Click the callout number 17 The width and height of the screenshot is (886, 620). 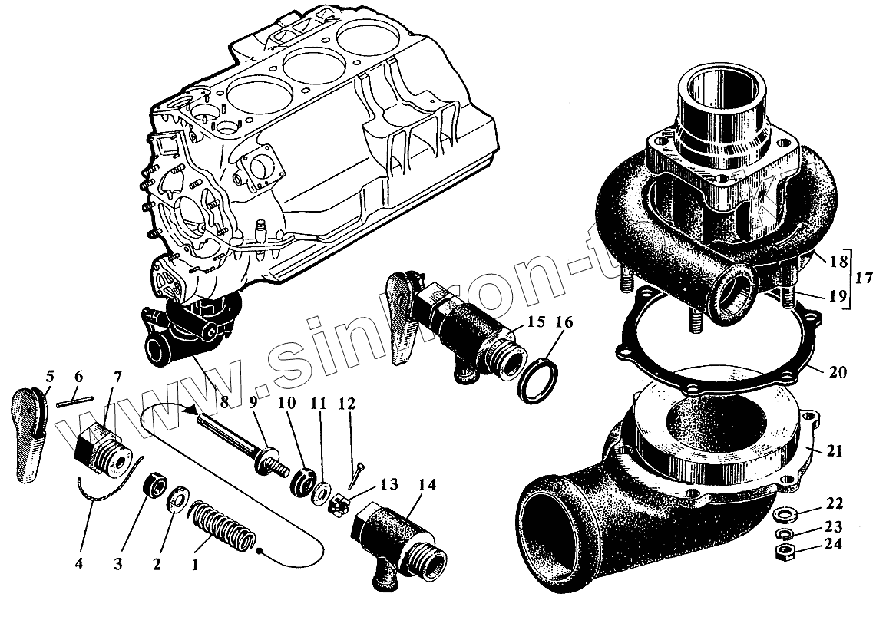(x=863, y=279)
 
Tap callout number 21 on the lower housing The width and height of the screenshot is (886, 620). (x=835, y=451)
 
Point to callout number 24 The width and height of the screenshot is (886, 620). (x=835, y=545)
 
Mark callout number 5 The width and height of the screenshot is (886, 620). (x=50, y=377)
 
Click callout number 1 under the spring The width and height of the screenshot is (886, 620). (x=195, y=565)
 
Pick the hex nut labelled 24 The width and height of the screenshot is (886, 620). (x=785, y=551)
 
